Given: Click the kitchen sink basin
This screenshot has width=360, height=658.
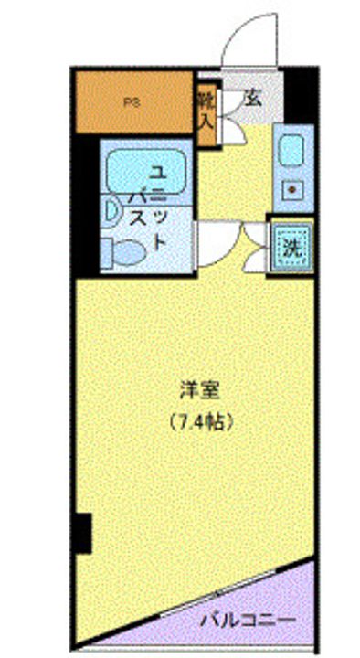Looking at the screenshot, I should [293, 149].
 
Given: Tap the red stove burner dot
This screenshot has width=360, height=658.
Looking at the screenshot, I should [294, 190].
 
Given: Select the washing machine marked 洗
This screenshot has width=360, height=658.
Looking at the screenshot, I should [291, 246].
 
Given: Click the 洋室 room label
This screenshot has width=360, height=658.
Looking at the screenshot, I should [200, 391].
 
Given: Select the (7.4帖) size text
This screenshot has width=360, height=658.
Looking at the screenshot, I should [202, 422].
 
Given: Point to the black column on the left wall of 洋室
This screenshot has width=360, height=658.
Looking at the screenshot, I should [83, 532].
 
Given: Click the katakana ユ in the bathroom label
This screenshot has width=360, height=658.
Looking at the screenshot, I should [156, 171].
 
